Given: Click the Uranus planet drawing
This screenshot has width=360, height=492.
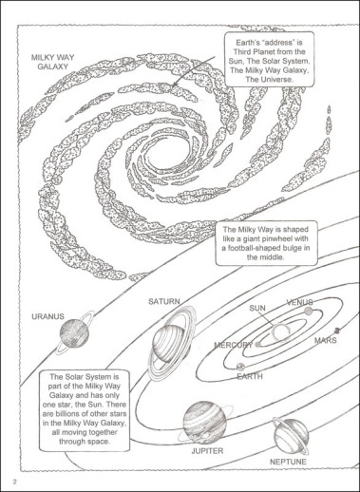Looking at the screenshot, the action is pos(74,333).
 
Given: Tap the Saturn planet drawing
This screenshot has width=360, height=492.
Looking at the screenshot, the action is pos(170,344).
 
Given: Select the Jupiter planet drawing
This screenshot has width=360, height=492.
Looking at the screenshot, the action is pos(205,423).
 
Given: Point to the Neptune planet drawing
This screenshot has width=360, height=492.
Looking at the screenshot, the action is pos(291,436).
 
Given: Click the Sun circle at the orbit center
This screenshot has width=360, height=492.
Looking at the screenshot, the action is pos(280,331).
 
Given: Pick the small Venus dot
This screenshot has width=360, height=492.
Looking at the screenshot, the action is pos(309,312).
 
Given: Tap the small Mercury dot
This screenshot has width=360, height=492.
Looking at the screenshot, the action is pos(257,345).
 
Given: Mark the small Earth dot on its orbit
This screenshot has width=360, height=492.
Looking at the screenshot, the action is pos(240,367).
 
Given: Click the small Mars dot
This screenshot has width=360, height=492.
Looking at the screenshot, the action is pos(337,331).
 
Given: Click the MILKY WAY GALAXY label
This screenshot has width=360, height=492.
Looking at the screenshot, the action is pos(52,62).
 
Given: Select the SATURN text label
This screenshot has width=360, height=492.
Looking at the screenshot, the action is pos(164,301).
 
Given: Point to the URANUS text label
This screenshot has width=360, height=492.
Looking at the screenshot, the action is pos(47,316).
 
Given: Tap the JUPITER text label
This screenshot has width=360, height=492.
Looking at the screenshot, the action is pos(207,451).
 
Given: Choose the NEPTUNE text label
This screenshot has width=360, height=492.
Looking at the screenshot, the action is pos(288,462).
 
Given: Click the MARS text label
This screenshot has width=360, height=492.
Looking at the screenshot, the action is pos(326,340).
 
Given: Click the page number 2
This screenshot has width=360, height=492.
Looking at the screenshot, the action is pos(14,483).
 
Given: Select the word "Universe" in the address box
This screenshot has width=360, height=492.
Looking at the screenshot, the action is pos(275,79).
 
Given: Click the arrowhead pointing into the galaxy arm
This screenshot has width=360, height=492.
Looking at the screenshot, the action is pos(174,85).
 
